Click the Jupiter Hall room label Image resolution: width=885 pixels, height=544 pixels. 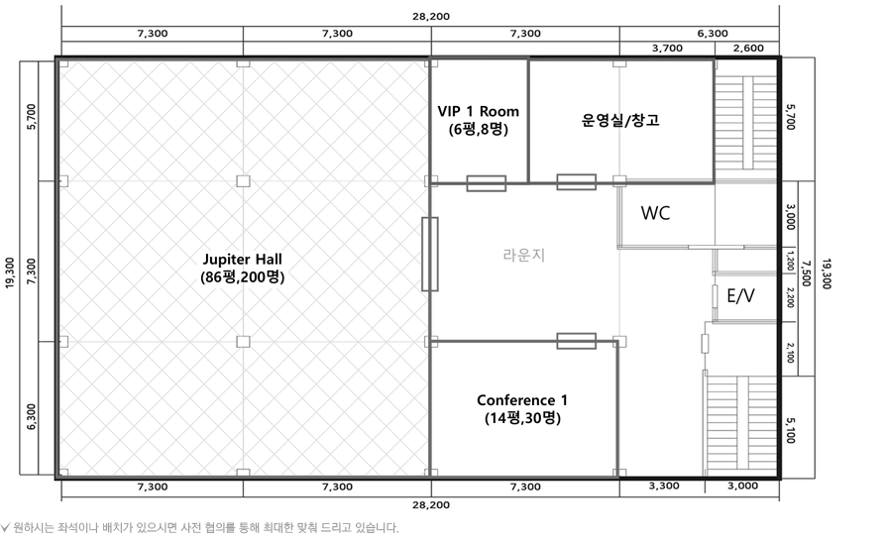coord(242,268)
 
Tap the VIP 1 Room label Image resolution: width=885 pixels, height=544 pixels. coord(478,120)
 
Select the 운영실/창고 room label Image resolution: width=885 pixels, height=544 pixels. coord(620,120)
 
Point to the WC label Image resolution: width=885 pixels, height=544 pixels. coord(656,213)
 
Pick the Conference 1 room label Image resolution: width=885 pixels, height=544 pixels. coord(522,408)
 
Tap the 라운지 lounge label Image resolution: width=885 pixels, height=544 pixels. coord(523,255)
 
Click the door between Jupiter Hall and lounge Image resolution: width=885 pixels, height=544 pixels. coord(429,254)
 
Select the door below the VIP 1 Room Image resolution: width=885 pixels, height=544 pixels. coord(486,183)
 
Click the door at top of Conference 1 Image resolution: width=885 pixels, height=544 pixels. coord(576,341)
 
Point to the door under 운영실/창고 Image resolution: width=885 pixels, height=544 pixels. coord(576,182)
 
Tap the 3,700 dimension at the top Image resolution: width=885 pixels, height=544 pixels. coord(667,48)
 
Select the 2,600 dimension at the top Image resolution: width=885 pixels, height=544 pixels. coord(748,48)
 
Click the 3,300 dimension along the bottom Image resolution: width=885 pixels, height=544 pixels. coord(663,487)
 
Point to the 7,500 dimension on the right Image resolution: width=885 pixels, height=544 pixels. coord(806,274)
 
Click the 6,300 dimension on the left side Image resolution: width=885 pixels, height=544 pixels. coord(32,416)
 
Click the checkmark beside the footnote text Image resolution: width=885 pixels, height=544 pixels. coord(7,527)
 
